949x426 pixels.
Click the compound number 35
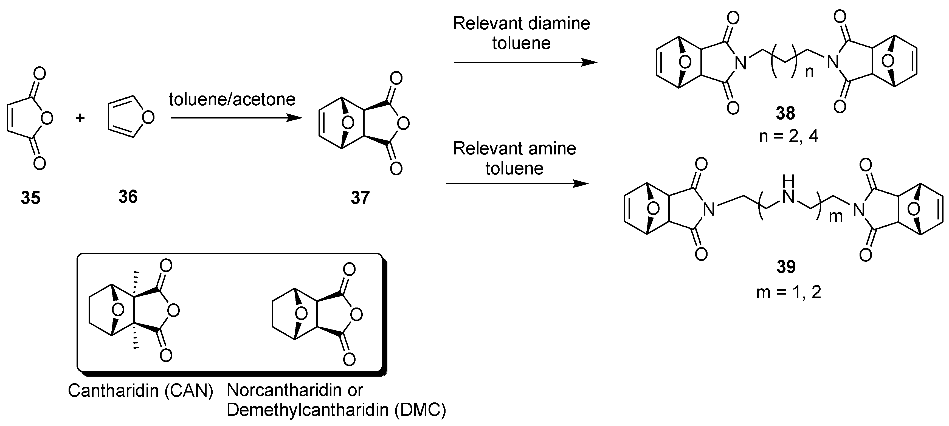30,198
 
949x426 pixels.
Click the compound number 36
128,197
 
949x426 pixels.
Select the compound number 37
360,198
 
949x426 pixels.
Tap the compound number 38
785,113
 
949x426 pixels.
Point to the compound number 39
786,267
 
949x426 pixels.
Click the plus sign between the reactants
80,118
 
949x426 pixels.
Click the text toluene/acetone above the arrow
232,99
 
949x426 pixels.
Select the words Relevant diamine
521,24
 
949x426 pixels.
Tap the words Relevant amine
514,149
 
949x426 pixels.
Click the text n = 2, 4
789,136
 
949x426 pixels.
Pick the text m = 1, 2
789,292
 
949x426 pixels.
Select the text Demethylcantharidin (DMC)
336,410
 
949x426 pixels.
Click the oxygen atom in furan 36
148,118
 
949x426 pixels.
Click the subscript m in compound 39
835,217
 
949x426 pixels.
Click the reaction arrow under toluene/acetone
236,118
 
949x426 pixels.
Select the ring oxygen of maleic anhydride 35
47,118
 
